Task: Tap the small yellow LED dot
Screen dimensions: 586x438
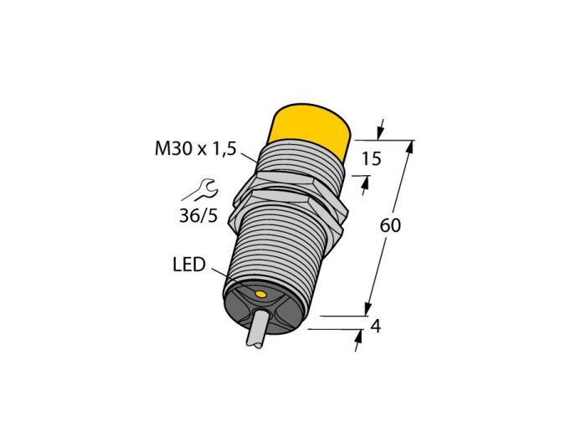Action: pyautogui.click(x=260, y=295)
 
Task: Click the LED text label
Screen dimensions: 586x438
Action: pyautogui.click(x=189, y=265)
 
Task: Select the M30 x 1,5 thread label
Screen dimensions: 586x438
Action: pyautogui.click(x=195, y=149)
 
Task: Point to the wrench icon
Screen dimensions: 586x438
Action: pyautogui.click(x=199, y=190)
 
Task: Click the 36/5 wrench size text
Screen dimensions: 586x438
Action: pyautogui.click(x=198, y=216)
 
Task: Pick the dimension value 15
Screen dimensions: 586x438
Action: pyautogui.click(x=371, y=159)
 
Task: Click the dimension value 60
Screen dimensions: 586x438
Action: pyautogui.click(x=390, y=225)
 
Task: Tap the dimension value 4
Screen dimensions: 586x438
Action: pyautogui.click(x=375, y=327)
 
